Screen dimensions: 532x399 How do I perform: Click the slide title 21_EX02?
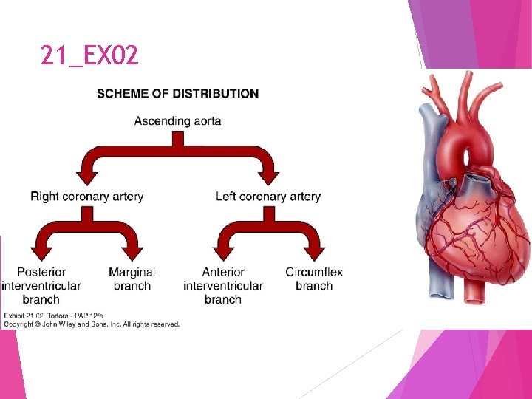click(x=89, y=55)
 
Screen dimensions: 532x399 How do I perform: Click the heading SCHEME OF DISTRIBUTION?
click(x=177, y=94)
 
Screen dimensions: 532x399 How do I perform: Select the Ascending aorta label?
click(x=177, y=120)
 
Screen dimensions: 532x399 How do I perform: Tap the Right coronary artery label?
click(x=87, y=197)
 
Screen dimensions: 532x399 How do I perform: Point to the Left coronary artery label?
click(x=268, y=197)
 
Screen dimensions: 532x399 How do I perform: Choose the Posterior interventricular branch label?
click(x=41, y=285)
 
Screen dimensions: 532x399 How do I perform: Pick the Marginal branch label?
click(x=132, y=279)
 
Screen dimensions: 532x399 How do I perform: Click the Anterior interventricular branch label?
click(x=223, y=285)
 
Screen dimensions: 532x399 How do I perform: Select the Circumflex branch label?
click(x=314, y=279)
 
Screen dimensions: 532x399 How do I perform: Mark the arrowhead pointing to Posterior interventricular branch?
click(x=41, y=253)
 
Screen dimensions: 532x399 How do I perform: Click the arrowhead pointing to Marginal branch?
click(x=132, y=253)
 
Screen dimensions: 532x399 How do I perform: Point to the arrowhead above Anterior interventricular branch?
click(x=223, y=253)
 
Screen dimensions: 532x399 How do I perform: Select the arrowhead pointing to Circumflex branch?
click(x=314, y=253)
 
